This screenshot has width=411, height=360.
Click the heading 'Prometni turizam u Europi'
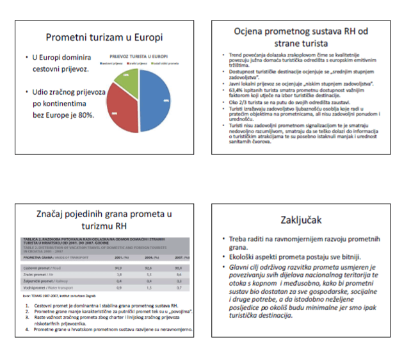point(104,37)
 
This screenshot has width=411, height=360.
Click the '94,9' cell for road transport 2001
point(118,267)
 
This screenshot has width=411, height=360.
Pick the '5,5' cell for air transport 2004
point(149,274)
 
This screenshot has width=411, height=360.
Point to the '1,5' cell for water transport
point(149,288)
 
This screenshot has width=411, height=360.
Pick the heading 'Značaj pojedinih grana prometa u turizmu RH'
point(104,220)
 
